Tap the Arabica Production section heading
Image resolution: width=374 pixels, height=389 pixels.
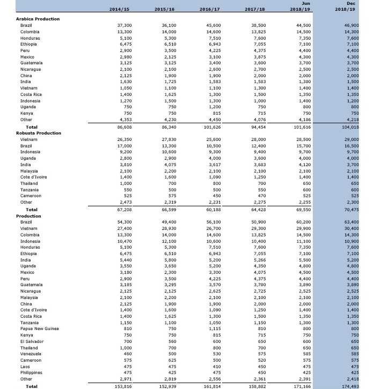38,19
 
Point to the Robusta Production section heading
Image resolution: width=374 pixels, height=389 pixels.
38,132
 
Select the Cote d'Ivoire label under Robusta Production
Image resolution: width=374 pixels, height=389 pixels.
33,177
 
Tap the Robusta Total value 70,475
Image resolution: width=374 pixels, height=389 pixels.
351,209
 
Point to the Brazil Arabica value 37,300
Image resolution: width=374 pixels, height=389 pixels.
124,25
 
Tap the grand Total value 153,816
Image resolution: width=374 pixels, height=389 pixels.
123,386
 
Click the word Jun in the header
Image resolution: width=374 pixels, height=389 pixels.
307,3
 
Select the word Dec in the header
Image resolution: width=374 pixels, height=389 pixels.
351,3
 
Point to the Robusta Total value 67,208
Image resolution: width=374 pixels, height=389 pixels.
124,209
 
